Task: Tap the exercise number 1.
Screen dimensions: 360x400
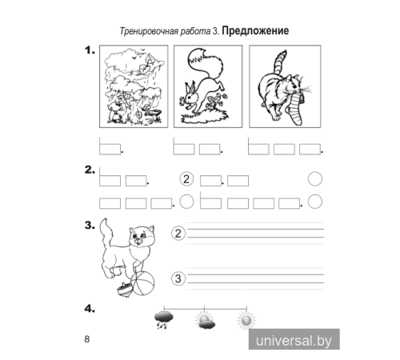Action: pos(88,51)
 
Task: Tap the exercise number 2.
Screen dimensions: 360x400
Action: pos(88,171)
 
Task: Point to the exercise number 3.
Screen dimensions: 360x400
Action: pos(88,226)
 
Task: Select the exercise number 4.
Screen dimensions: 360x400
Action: pos(88,308)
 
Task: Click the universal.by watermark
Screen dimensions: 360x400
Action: pos(294,340)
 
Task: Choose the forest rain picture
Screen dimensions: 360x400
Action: pos(132,86)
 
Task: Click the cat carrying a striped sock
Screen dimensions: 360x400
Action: pos(284,86)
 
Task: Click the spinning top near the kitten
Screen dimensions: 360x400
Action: pos(125,289)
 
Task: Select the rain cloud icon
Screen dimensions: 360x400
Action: pos(165,322)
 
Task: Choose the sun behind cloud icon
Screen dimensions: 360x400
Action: pos(205,322)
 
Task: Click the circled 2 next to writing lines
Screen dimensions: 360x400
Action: pos(178,233)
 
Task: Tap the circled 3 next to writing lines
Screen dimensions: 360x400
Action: pos(178,278)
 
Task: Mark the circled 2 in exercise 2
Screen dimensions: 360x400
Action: pos(186,179)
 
